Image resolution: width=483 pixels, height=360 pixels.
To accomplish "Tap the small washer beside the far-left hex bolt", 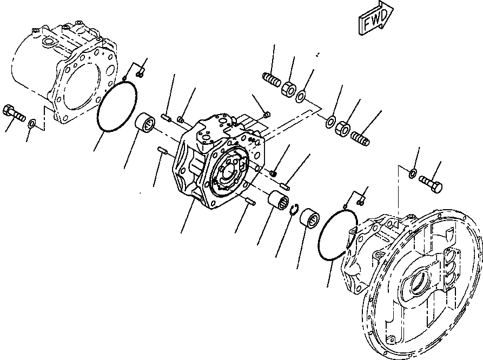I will (32, 124).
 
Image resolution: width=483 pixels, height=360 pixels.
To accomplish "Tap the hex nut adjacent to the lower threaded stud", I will (343, 129).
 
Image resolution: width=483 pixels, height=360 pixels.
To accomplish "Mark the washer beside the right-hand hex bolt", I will (413, 174).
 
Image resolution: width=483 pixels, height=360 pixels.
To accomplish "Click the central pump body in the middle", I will (216, 162).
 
